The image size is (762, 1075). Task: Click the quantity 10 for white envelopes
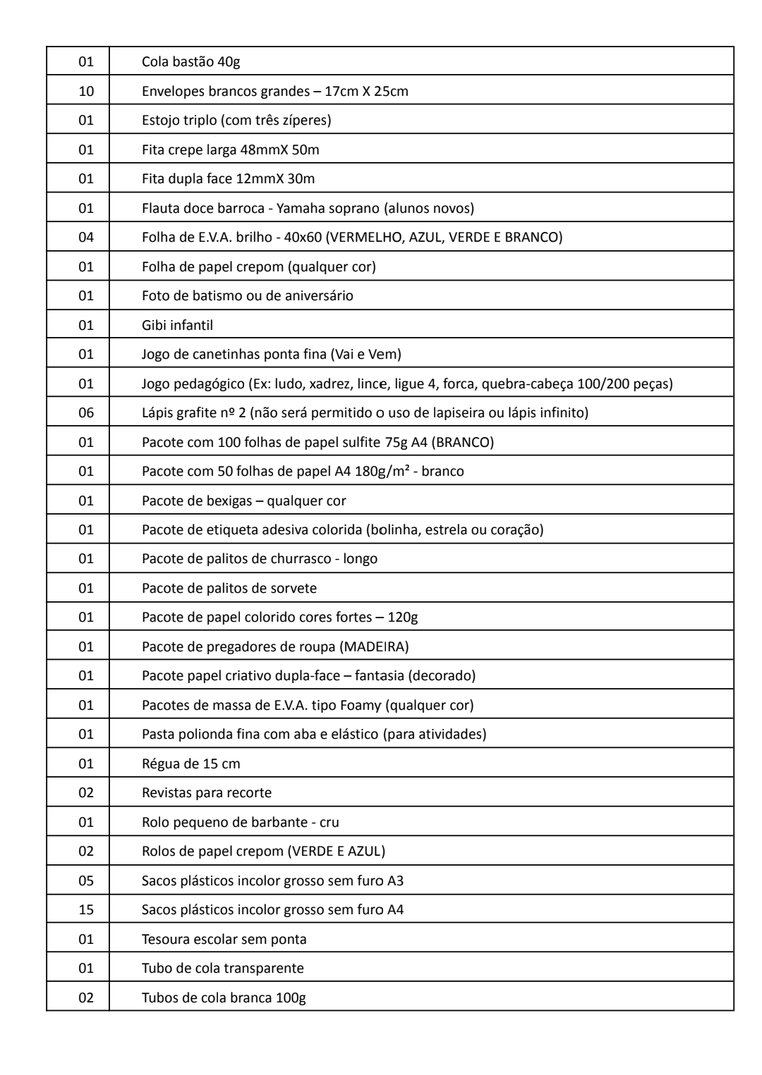coord(85,91)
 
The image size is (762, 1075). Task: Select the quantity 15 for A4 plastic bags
coord(85,909)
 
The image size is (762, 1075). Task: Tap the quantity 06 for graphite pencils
coord(85,412)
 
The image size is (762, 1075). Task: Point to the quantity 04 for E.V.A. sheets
coord(85,237)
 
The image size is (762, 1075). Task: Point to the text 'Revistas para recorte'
coord(206,792)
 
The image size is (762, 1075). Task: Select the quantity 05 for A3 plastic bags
coord(85,880)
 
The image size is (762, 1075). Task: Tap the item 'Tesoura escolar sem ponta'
coord(224,939)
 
